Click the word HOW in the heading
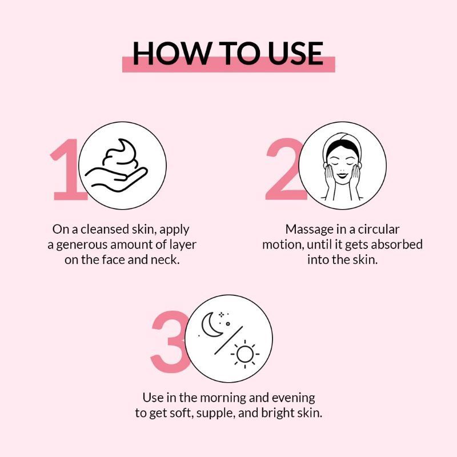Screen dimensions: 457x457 tap(172, 53)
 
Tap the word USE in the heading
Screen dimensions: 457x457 tap(295, 53)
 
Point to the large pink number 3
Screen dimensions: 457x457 tap(169, 342)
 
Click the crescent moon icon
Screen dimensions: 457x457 tap(211, 324)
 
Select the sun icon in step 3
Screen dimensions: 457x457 tap(245, 354)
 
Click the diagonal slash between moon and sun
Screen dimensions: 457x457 tap(228, 340)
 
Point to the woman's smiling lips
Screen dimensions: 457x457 tap(342, 175)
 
